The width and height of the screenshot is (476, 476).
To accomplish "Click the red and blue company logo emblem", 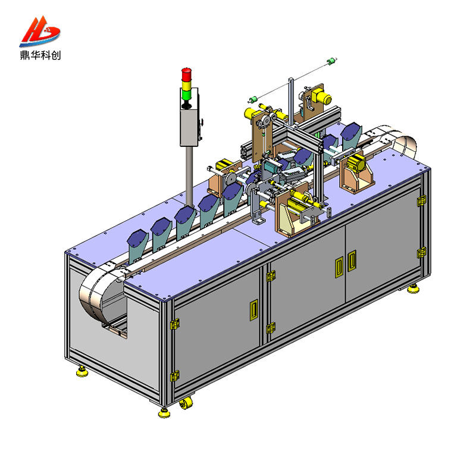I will click(x=39, y=31).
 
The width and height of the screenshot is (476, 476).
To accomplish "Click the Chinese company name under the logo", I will click(x=40, y=55).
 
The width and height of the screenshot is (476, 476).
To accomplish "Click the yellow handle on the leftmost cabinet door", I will click(x=253, y=309).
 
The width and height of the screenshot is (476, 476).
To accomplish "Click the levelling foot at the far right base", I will click(x=413, y=289).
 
